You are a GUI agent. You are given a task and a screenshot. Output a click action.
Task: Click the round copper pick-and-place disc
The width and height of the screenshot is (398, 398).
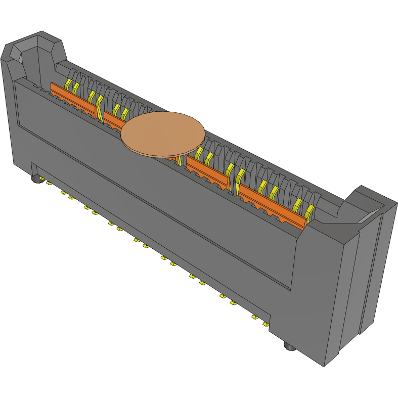click(x=163, y=134)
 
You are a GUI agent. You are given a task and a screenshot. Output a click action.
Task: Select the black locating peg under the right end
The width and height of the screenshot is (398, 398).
click(x=289, y=347)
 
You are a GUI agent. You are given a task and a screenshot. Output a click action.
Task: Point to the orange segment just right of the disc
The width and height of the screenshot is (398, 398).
click(x=207, y=170)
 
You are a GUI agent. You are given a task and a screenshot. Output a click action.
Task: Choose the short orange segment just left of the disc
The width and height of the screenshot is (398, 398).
click(x=114, y=119)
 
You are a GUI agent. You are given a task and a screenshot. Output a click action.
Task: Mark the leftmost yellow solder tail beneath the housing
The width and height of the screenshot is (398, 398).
click(x=49, y=183)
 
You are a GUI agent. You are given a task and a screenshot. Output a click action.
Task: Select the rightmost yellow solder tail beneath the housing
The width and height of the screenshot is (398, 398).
click(x=266, y=324)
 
